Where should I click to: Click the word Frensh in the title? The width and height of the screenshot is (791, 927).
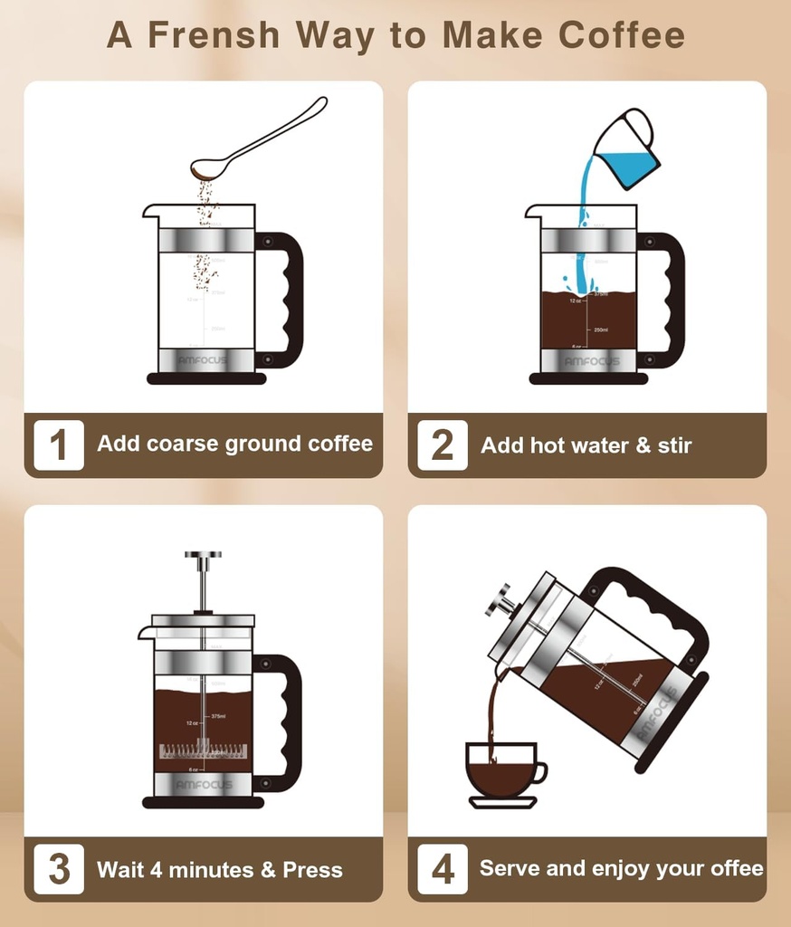214,34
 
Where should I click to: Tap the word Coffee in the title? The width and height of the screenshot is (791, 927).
622,34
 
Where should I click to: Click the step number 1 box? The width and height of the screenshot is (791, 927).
59,444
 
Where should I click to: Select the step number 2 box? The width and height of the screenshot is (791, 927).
443,444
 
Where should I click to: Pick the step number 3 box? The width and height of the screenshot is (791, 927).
59,869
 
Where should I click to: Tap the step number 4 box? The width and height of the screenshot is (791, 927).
443,869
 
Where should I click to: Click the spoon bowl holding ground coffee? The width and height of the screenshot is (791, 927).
207,168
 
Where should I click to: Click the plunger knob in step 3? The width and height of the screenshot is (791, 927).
203,555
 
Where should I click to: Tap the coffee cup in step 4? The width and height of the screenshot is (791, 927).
500,768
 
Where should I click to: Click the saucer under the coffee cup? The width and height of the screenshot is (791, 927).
502,802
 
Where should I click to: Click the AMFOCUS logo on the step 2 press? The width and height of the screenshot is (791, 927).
593,361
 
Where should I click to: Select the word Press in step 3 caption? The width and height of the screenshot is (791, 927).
313,870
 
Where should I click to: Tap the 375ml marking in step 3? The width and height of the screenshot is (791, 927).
218,716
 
